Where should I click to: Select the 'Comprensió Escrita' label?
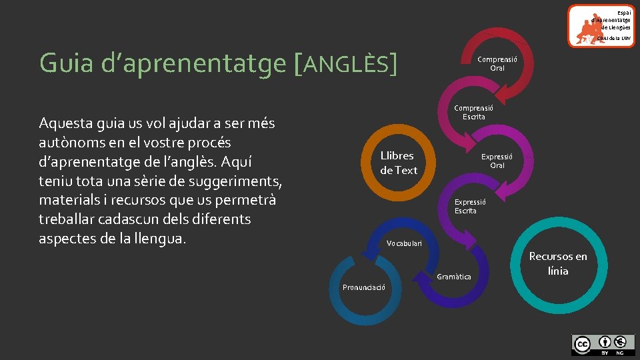point(473,112)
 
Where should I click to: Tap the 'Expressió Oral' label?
point(497,161)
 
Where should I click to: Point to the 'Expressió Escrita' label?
point(469,206)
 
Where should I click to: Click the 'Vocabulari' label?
point(404,243)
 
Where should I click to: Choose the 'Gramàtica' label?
point(453,277)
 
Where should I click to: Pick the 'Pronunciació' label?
point(363,287)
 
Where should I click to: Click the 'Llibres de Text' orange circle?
point(398,163)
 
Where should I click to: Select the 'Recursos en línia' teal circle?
point(558,263)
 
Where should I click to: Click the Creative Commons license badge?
point(603,344)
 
